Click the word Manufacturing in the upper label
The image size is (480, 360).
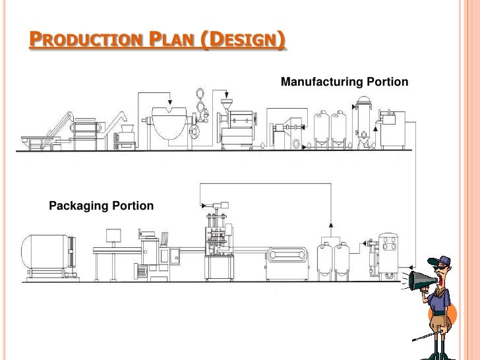(x=321, y=82)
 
